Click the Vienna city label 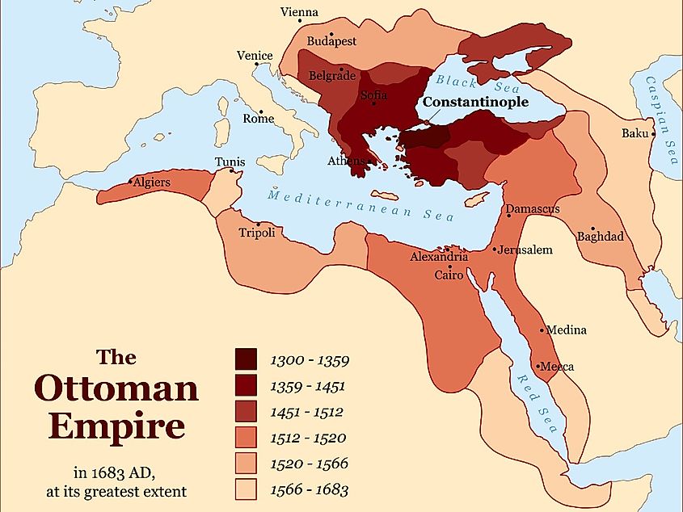pos(299,12)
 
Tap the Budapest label pos(331,40)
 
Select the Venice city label pos(255,56)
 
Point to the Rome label pos(259,119)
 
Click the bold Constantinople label pos(475,103)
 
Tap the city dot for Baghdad pos(593,229)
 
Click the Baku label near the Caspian pos(635,133)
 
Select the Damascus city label pos(533,209)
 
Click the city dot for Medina pos(542,329)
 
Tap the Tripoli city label pos(257,233)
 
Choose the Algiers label pos(152,183)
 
